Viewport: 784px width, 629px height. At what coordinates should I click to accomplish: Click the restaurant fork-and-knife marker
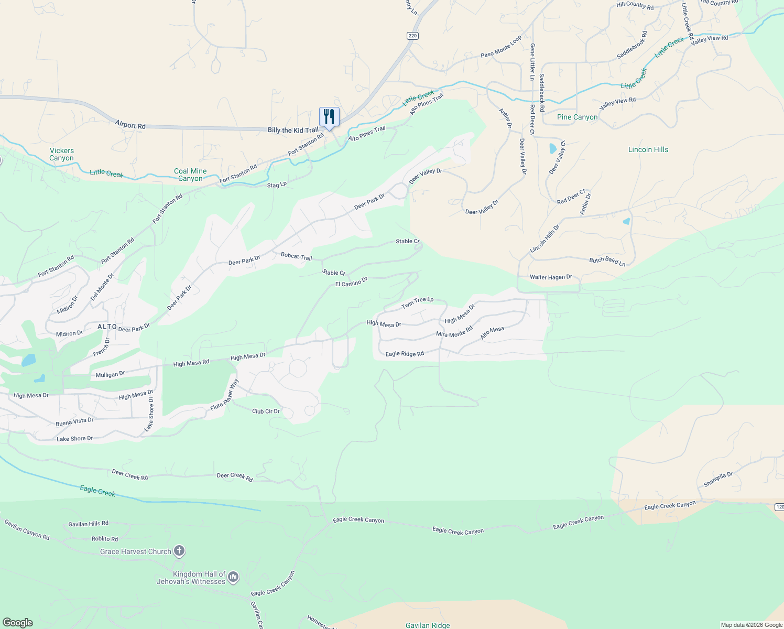coord(329,116)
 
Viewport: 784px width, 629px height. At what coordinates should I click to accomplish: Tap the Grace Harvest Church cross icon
coord(179,551)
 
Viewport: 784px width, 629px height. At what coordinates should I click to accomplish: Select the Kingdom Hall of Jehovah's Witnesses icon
coord(233,577)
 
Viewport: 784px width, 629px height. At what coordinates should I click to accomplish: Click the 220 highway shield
coord(412,36)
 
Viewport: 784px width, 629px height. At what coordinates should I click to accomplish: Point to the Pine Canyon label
coord(577,117)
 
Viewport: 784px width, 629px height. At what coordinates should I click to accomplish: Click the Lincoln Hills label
coord(648,149)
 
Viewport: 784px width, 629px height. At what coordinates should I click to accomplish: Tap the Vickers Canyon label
coord(62,154)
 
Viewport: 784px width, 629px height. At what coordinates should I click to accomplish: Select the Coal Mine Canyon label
coord(190,175)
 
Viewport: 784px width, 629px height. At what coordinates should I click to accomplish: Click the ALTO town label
coord(107,327)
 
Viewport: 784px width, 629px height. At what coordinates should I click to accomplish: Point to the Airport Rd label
coord(130,125)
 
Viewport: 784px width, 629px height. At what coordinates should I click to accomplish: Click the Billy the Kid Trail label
coord(293,130)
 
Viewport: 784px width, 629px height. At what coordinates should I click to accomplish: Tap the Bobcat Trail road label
coord(296,256)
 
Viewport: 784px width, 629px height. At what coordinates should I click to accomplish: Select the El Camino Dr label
coord(351,283)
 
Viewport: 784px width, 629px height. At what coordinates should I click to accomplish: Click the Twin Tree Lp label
coord(417,302)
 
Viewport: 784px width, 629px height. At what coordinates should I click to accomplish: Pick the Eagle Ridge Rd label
coord(405,354)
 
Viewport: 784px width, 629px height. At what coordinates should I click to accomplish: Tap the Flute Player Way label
coord(225,395)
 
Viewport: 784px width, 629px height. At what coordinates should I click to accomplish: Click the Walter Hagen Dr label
coord(551,277)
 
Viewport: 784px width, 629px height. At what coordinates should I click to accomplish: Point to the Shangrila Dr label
coord(718,479)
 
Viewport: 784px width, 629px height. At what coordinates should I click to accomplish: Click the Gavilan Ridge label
coord(428,625)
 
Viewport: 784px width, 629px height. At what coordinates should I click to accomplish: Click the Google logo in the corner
coord(18,623)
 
